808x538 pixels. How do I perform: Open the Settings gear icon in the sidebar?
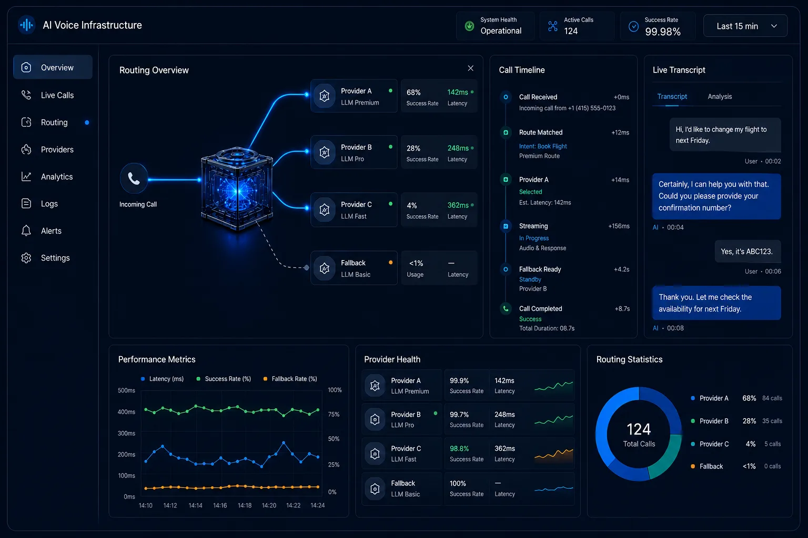26,258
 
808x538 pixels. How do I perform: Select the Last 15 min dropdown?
745,26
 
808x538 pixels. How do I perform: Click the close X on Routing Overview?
470,68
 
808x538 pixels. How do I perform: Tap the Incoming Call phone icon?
134,179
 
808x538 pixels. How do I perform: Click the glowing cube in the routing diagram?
237,189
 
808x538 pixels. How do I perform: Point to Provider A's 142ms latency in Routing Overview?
457,92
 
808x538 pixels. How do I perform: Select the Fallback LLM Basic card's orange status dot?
391,262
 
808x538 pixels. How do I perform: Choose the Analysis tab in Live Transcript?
720,97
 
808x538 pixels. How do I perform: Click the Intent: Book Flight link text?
543,146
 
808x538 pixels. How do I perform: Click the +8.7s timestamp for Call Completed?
622,309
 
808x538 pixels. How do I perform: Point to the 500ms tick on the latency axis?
126,390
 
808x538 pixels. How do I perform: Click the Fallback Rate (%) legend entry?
290,379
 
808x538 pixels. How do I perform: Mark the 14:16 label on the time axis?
220,505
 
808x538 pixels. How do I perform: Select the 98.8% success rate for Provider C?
459,449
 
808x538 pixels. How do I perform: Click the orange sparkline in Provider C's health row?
554,454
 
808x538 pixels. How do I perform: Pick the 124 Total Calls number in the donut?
639,429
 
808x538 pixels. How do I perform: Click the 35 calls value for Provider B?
772,421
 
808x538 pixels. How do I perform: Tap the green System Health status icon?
469,26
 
